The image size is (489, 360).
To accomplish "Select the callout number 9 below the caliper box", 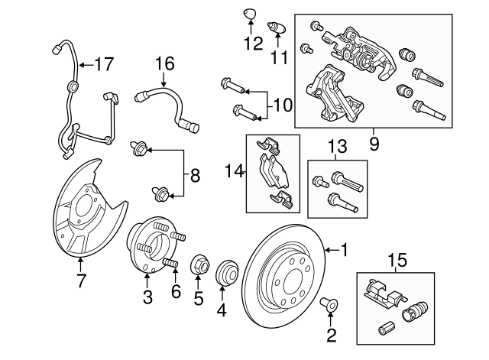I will pyautogui.click(x=374, y=141).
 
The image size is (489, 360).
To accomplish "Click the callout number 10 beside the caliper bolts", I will pyautogui.click(x=282, y=102).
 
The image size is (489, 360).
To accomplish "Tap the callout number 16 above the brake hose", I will pyautogui.click(x=165, y=63).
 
